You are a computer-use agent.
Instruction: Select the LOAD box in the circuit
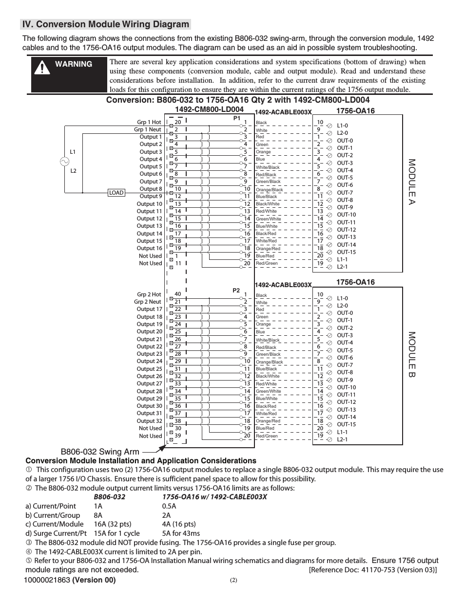[x=116, y=193]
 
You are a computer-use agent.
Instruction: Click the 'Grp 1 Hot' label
[x=149, y=122]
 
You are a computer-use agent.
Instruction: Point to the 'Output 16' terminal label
[x=149, y=248]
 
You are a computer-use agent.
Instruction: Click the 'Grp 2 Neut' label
[x=148, y=302]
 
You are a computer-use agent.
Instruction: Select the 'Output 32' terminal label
[x=149, y=421]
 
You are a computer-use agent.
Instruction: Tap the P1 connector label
[x=237, y=118]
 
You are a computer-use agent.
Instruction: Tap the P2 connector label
[x=236, y=291]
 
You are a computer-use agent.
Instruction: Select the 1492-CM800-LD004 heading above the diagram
[x=209, y=110]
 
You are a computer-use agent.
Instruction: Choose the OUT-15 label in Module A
[x=346, y=252]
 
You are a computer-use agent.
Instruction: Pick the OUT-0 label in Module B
[x=345, y=313]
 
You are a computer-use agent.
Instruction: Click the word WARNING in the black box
[x=73, y=64]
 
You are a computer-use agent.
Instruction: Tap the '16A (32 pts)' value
[x=113, y=524]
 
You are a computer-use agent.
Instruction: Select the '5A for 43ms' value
[x=181, y=533]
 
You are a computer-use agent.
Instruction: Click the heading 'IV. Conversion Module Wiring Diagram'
[x=106, y=24]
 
